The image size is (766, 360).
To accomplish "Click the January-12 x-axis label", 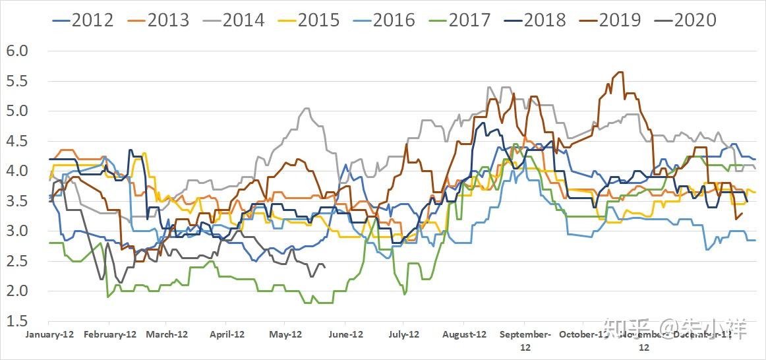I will pyautogui.click(x=50, y=334).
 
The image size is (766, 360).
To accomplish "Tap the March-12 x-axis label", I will pyautogui.click(x=167, y=334).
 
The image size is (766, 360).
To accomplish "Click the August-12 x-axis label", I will pyautogui.click(x=465, y=334).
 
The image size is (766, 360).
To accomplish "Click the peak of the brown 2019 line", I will pyautogui.click(x=620, y=72).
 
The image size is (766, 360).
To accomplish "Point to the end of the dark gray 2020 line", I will pyautogui.click(x=325, y=266).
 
